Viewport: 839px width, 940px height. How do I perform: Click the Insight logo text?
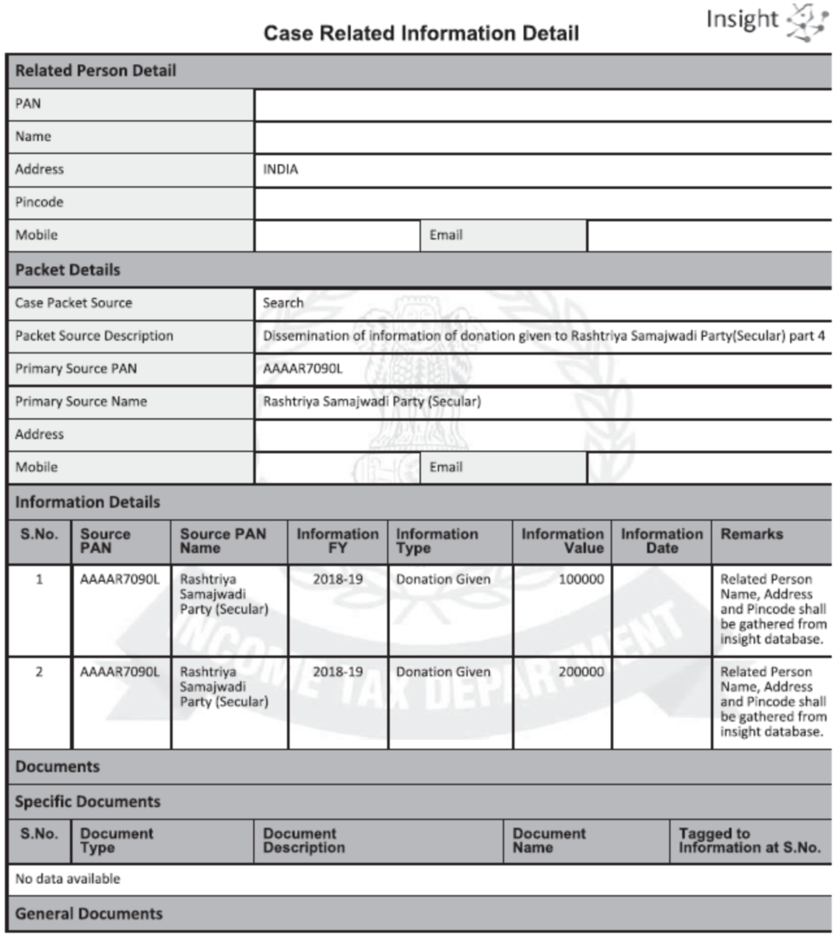[x=742, y=19]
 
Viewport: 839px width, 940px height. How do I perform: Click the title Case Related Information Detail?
[x=421, y=33]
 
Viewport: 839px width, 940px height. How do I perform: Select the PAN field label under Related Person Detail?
[x=28, y=103]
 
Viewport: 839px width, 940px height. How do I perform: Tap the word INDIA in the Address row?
[x=280, y=170]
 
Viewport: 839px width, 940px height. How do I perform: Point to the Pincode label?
[x=39, y=202]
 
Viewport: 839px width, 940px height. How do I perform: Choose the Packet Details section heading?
[x=68, y=270]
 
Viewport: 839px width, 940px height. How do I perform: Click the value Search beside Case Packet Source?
[x=283, y=303]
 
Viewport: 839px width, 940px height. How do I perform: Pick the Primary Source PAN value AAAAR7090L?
[x=303, y=369]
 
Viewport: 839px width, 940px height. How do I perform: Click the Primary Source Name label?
[x=81, y=402]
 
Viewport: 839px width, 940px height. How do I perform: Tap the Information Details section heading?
[x=87, y=502]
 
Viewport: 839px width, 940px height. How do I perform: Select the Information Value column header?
[x=562, y=541]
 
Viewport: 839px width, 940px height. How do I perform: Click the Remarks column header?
[x=751, y=535]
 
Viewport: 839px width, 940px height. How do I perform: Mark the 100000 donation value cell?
[x=581, y=580]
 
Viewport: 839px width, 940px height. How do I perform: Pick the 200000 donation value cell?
[x=581, y=672]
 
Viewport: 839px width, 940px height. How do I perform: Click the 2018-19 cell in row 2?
[x=337, y=672]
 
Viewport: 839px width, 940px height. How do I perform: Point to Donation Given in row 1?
[x=443, y=580]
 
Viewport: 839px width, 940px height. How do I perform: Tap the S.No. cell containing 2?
[x=39, y=672]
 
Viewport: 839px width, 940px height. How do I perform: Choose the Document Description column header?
[x=304, y=840]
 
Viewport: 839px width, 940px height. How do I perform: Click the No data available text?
[x=68, y=879]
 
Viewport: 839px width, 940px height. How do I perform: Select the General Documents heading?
[x=89, y=914]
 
